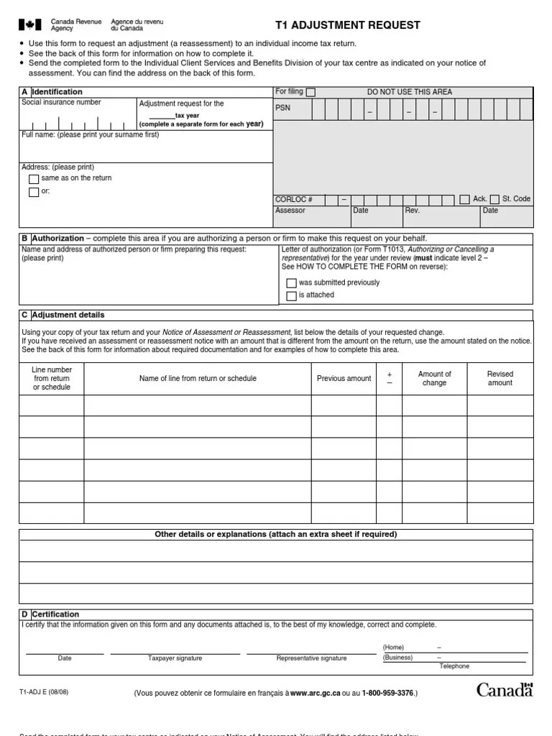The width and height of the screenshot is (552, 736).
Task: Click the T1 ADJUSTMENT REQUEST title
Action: (x=348, y=25)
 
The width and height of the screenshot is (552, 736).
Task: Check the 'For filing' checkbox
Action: (x=310, y=92)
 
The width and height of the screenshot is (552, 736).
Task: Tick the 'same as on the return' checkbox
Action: (x=34, y=179)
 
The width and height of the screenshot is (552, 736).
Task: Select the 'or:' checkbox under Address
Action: (x=34, y=192)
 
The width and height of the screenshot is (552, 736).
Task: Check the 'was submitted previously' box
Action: (x=291, y=283)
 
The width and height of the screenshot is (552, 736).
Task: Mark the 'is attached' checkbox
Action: (x=291, y=295)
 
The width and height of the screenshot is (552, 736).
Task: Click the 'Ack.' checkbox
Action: (x=464, y=199)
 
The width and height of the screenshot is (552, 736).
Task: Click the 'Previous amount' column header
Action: (x=344, y=378)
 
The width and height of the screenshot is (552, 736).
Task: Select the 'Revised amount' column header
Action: (x=500, y=378)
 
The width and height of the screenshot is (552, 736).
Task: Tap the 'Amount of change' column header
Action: (x=434, y=378)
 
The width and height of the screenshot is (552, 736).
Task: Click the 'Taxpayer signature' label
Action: (x=175, y=658)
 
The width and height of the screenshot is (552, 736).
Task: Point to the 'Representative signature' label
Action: (x=311, y=658)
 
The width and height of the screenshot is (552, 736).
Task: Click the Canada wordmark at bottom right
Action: (x=505, y=691)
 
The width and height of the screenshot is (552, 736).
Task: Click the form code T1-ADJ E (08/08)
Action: (x=44, y=692)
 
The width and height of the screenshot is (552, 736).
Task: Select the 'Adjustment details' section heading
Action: (x=68, y=315)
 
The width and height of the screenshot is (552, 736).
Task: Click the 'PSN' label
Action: (x=282, y=108)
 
